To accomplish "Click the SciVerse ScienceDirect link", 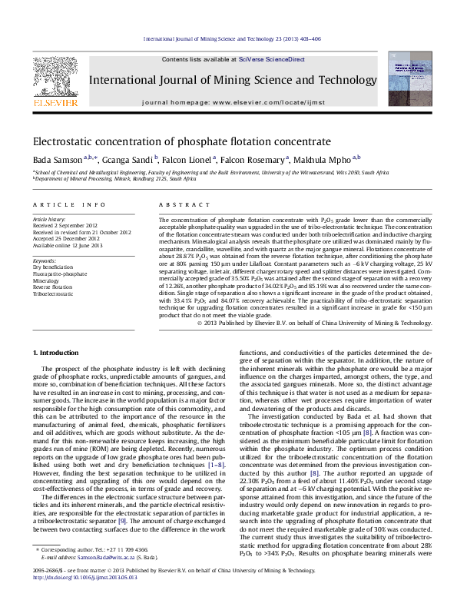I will [271, 59].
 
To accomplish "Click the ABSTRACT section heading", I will [178, 204].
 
